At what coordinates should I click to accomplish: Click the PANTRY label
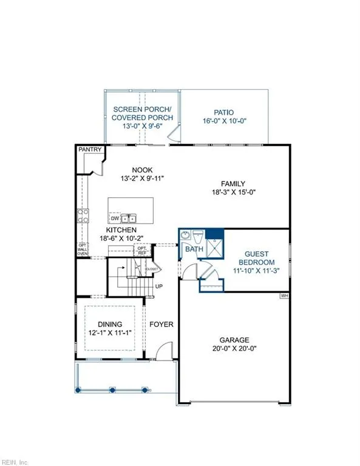(x=89, y=149)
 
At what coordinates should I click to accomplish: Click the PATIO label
(x=223, y=112)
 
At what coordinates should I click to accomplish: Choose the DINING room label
(x=110, y=325)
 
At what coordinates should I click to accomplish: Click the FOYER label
(x=161, y=325)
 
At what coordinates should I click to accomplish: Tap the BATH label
(x=194, y=249)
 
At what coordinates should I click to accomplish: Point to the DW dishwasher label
(x=115, y=218)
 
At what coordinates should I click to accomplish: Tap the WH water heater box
(x=284, y=295)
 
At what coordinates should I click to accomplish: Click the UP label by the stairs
(x=160, y=286)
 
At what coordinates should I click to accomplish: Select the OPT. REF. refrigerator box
(x=142, y=250)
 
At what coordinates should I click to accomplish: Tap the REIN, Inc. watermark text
(x=15, y=459)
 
